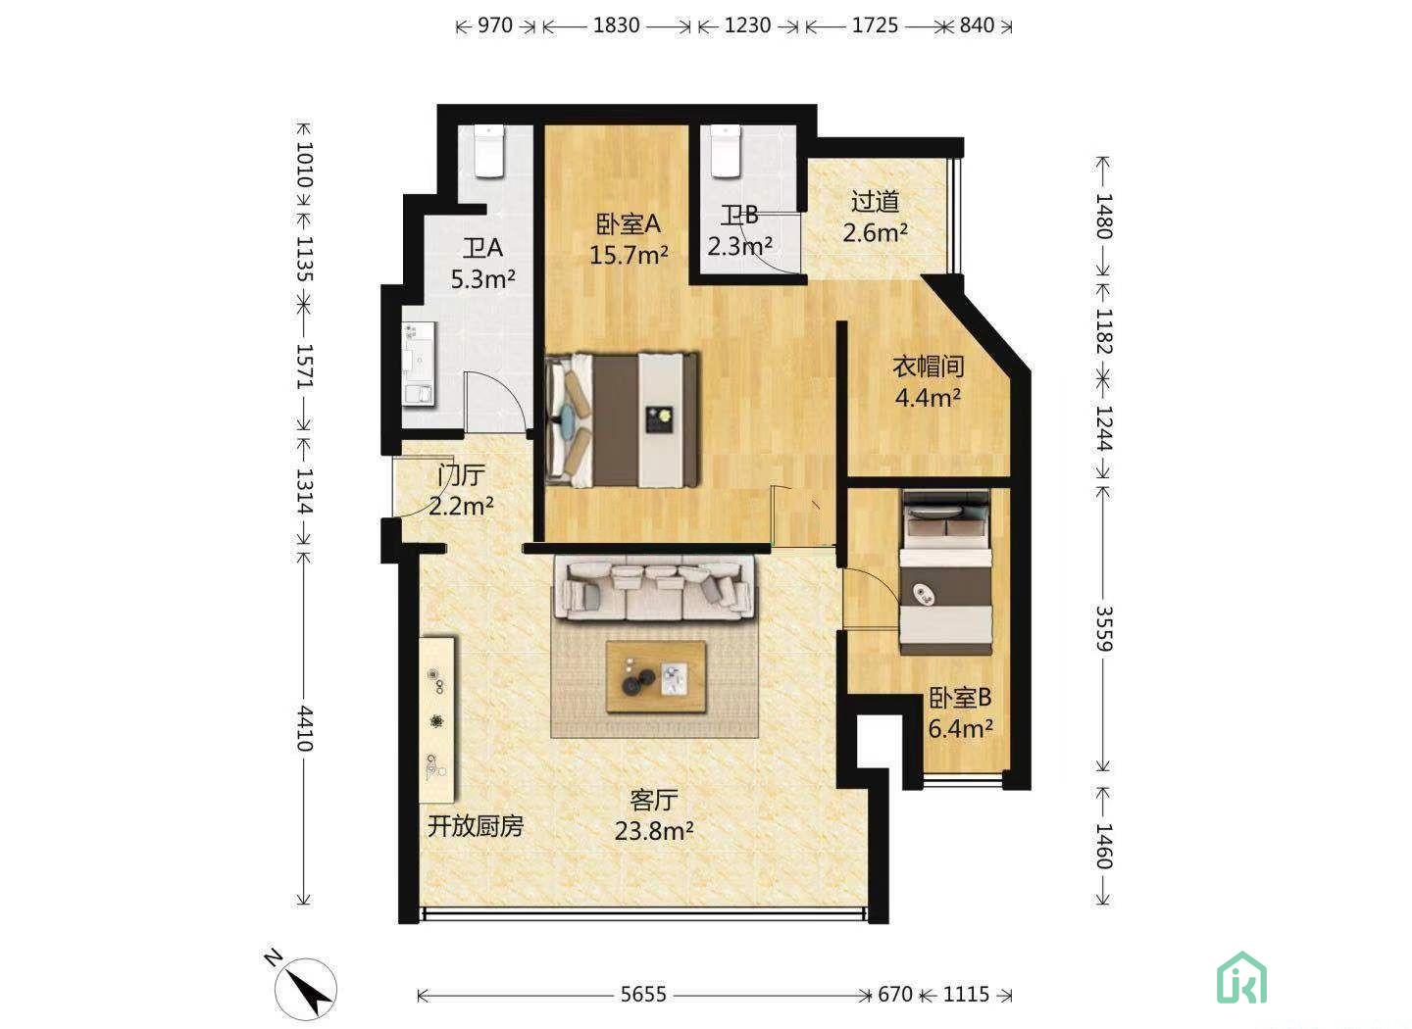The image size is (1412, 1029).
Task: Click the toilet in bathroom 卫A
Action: pyautogui.click(x=489, y=151)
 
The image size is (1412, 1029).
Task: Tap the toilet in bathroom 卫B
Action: pyautogui.click(x=726, y=151)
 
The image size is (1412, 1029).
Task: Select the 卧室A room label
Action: pyautogui.click(x=628, y=223)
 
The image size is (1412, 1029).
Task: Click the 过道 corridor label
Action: pyautogui.click(x=875, y=202)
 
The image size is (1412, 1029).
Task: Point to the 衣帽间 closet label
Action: pyautogui.click(x=928, y=367)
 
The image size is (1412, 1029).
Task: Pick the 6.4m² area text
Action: pyautogui.click(x=961, y=729)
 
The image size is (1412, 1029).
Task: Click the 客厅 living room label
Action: pyautogui.click(x=654, y=801)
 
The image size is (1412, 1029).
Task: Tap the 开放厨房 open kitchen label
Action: pyautogui.click(x=476, y=826)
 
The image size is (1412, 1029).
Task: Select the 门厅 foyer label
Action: pyautogui.click(x=462, y=475)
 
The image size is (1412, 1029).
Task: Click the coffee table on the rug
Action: pyautogui.click(x=656, y=677)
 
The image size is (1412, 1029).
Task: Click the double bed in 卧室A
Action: pyautogui.click(x=622, y=420)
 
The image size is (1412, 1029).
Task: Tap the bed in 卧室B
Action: pyautogui.click(x=945, y=572)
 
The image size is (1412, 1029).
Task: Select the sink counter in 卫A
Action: pyautogui.click(x=420, y=365)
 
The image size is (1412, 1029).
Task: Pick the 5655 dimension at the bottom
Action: pyautogui.click(x=643, y=995)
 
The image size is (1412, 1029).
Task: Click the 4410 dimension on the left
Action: pyautogui.click(x=305, y=728)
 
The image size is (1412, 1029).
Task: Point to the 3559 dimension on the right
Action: pyautogui.click(x=1104, y=628)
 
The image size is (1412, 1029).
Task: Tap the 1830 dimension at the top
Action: pyautogui.click(x=616, y=25)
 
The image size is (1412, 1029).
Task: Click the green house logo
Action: pyautogui.click(x=1241, y=977)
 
